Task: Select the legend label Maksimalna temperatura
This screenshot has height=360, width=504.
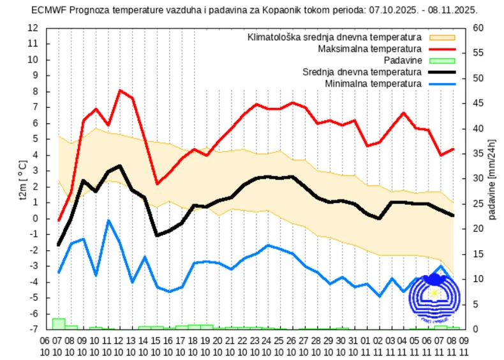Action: [x=369, y=49]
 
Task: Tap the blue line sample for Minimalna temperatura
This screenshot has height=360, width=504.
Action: [x=442, y=84]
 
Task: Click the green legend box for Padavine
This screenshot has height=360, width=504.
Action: [x=442, y=61]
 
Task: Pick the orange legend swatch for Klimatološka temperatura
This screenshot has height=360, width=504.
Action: [x=442, y=38]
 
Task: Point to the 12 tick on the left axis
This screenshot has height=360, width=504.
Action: [x=33, y=28]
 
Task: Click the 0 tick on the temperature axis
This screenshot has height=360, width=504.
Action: [x=36, y=218]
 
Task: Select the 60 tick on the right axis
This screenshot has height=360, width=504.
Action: [x=478, y=28]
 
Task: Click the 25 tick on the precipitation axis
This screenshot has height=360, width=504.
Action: [x=478, y=204]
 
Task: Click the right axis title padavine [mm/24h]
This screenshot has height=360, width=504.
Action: [x=493, y=179]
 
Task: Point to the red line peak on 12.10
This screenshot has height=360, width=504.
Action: [x=120, y=90]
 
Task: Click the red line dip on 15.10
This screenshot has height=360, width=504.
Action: [x=157, y=184]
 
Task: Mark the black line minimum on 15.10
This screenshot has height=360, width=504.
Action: [x=157, y=236]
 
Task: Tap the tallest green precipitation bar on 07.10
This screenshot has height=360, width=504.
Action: [x=59, y=323]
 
